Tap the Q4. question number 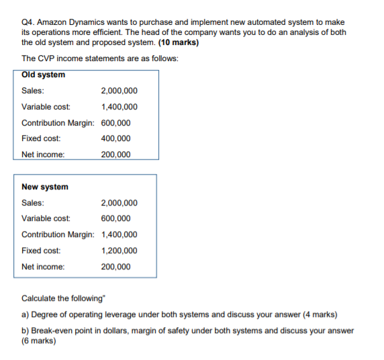30,22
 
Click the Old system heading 44,75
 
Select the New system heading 45,187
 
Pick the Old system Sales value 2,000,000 119,91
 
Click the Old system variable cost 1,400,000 119,107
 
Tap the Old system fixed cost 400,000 115,138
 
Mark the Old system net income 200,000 115,154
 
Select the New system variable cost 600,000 115,218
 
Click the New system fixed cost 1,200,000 119,251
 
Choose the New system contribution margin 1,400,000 119,234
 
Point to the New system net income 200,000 115,267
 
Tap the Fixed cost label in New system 41,251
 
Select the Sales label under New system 34,203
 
